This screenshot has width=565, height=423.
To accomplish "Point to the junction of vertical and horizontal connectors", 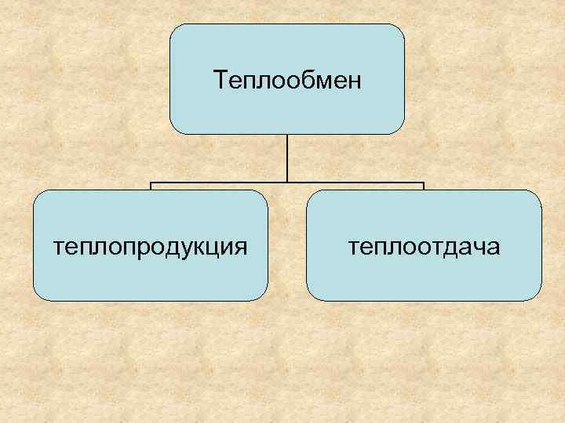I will (287, 185).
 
